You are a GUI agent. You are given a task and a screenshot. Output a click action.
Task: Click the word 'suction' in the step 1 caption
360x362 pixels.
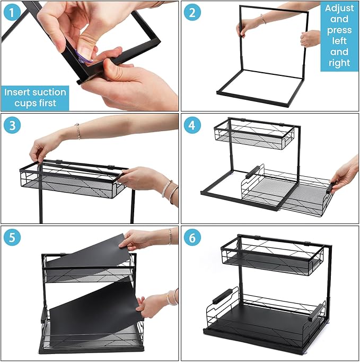(x=49, y=92)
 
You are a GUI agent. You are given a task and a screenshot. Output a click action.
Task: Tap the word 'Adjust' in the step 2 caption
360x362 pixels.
(x=339, y=9)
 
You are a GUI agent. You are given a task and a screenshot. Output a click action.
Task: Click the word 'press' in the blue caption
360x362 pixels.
(x=339, y=31)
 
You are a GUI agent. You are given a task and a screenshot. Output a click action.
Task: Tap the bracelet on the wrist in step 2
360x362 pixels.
(x=262, y=19)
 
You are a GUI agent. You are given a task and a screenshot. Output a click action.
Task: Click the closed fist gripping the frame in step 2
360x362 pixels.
(x=310, y=38)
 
